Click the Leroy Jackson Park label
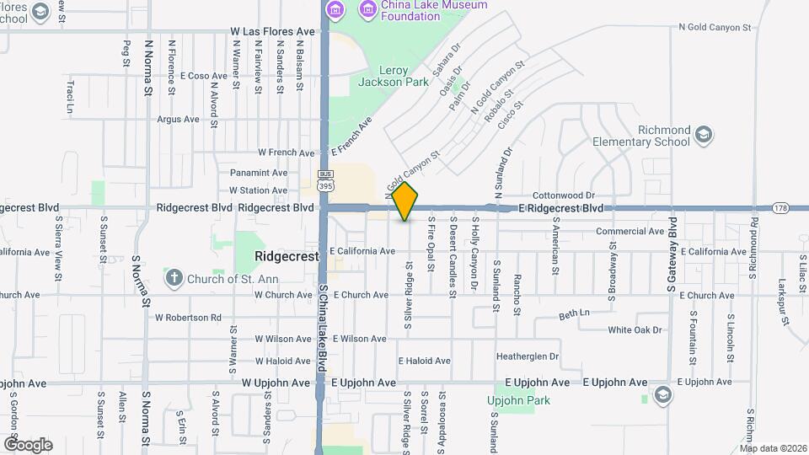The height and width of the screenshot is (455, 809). coord(383,77)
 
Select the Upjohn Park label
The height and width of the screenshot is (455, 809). coord(512,400)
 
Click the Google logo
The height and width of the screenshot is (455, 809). coord(28,444)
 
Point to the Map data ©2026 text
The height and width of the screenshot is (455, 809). coord(773,448)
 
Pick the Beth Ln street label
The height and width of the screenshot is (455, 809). coord(574,315)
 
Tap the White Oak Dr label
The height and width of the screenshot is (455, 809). coord(635,330)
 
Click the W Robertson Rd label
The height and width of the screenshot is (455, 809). coord(188,318)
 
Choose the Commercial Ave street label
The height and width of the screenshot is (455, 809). coord(630,232)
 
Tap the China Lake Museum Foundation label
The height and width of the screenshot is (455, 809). coord(423,10)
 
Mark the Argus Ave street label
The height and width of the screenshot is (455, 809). coord(178,120)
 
